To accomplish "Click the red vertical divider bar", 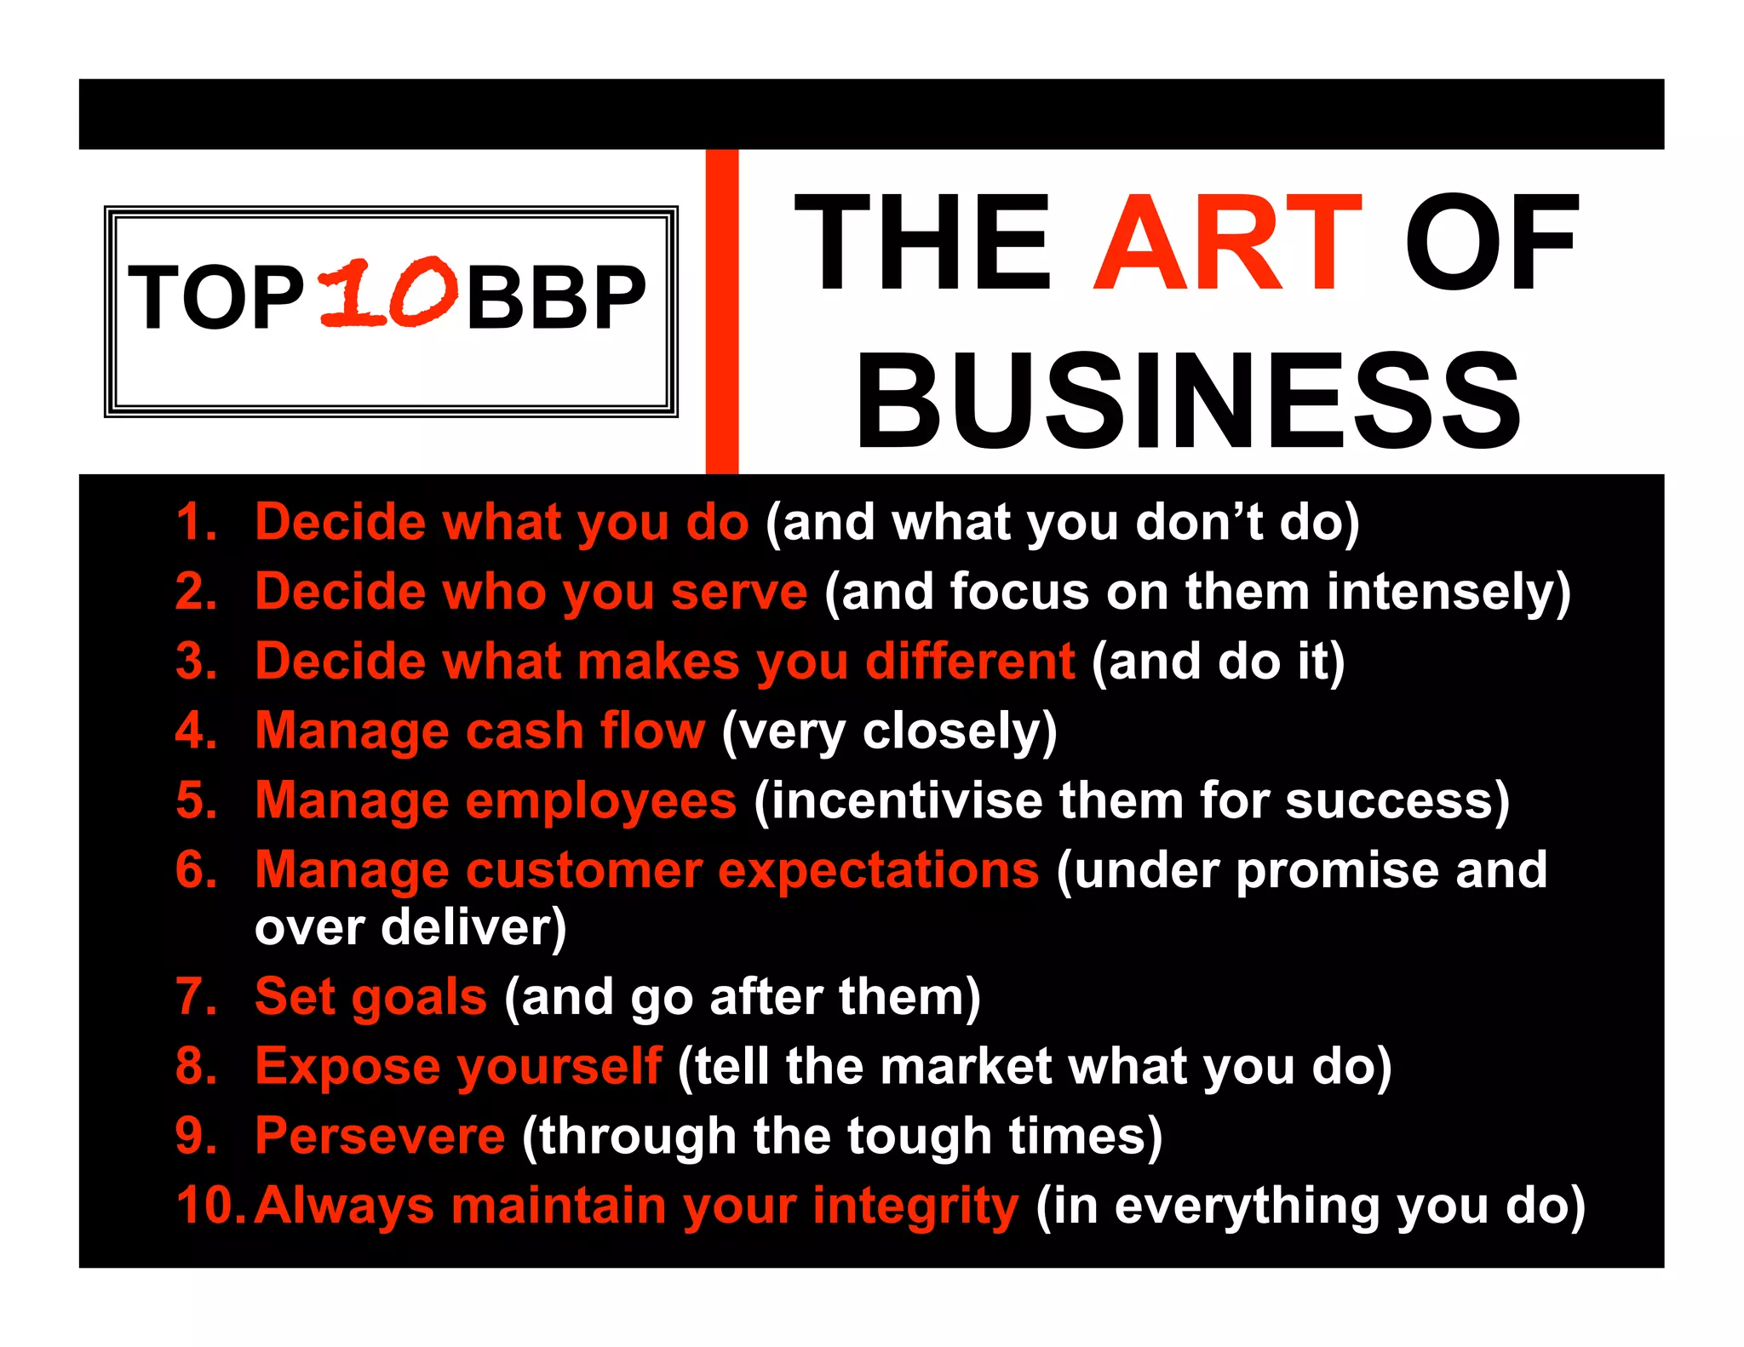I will click(721, 311).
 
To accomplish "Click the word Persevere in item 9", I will click(380, 1135).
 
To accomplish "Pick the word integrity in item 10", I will click(915, 1205).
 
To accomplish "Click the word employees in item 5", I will click(600, 800).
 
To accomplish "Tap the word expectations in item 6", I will click(878, 870).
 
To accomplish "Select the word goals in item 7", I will click(418, 996).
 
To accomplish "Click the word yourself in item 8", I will click(559, 1065).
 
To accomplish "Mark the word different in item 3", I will click(970, 661).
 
